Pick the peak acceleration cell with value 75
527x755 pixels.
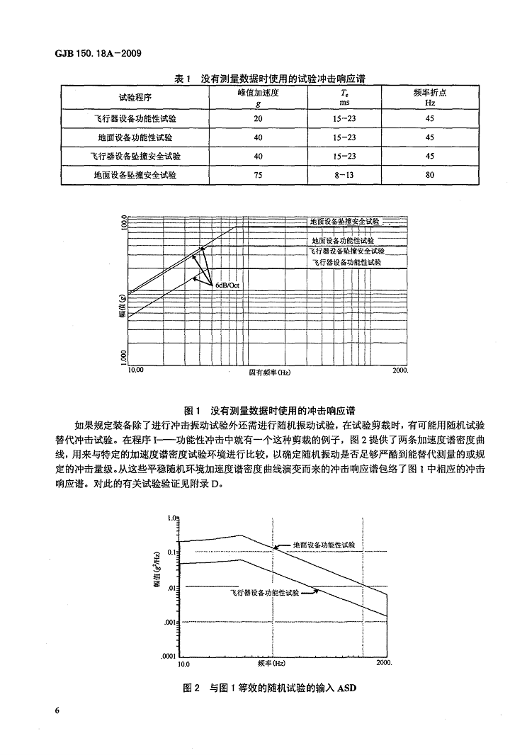pos(258,174)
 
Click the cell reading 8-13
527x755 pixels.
pos(344,174)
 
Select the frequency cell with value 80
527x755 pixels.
pos(430,174)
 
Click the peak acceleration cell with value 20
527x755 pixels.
pos(258,118)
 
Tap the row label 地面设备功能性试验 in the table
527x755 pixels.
pos(135,137)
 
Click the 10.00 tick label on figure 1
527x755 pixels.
pos(135,369)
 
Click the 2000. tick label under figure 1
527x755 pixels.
pos(401,369)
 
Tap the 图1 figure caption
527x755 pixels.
pos(269,410)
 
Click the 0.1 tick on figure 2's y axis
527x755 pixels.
pos(171,551)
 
